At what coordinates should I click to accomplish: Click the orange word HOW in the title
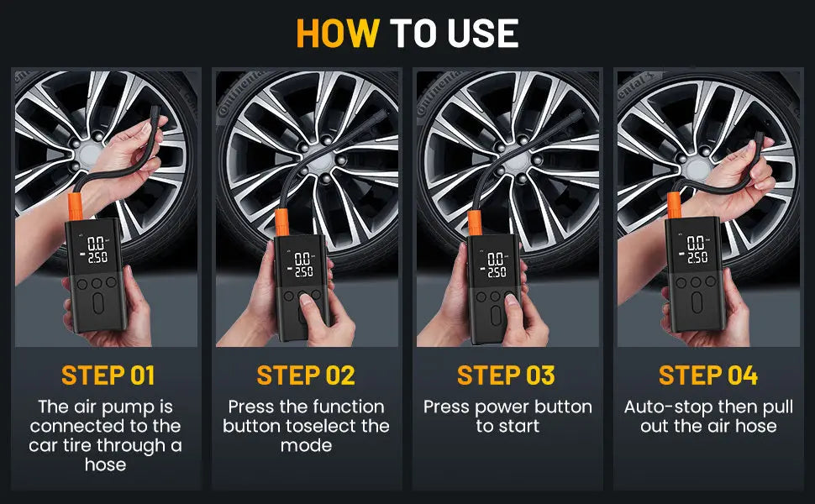[x=338, y=34]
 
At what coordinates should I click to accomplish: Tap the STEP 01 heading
[x=108, y=375]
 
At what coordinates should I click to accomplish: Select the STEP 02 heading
[x=306, y=375]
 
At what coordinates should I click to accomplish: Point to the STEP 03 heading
[x=506, y=375]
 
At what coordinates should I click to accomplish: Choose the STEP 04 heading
[x=708, y=375]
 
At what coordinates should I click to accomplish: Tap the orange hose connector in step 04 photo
[x=674, y=206]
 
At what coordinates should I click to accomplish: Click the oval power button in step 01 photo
[x=98, y=303]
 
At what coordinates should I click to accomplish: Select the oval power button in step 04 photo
[x=697, y=302]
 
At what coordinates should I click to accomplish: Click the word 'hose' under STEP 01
[x=106, y=464]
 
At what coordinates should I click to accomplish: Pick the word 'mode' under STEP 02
[x=306, y=445]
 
